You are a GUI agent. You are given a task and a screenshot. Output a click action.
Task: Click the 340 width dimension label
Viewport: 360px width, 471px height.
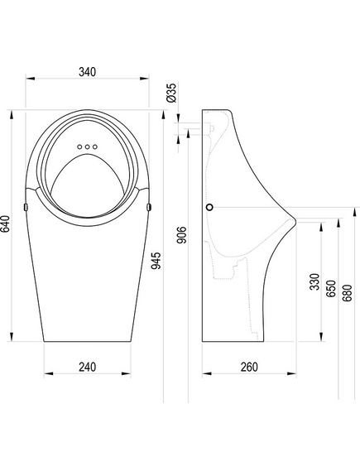pos(88,72)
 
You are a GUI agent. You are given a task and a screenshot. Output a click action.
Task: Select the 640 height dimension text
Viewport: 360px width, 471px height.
pos(7,223)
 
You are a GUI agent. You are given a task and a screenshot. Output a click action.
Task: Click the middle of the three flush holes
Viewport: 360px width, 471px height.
pos(88,147)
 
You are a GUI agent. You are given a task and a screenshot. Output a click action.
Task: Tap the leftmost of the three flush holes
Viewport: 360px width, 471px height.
pos(79,147)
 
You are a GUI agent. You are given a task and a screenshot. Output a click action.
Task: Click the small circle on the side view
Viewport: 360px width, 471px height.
pos(211,206)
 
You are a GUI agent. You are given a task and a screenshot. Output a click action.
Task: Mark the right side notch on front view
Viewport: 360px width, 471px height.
pos(149,205)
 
